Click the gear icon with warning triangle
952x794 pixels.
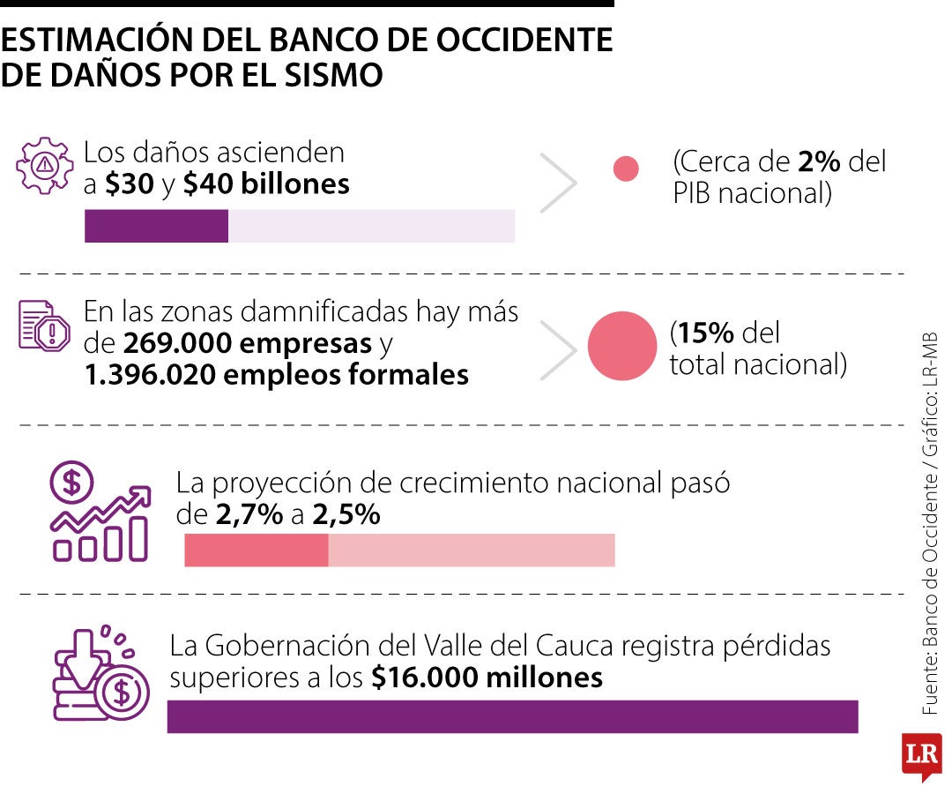44,165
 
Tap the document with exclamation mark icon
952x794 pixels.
44,326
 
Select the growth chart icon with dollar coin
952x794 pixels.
100,511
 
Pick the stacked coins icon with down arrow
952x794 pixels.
101,672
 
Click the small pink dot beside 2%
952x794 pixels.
626,169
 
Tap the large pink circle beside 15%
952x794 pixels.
622,346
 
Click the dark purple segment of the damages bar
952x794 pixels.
156,226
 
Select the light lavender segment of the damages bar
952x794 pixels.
372,226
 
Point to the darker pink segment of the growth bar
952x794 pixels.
257,551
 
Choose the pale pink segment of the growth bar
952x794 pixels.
472,551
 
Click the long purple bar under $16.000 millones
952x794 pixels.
512,717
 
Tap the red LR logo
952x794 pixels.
922,756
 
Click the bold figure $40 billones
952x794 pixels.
266,184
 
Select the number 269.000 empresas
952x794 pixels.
247,344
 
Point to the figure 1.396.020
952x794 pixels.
150,375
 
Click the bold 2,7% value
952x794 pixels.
249,514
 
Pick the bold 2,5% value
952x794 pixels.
346,514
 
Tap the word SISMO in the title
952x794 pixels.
333,75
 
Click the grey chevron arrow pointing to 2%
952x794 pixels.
558,183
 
